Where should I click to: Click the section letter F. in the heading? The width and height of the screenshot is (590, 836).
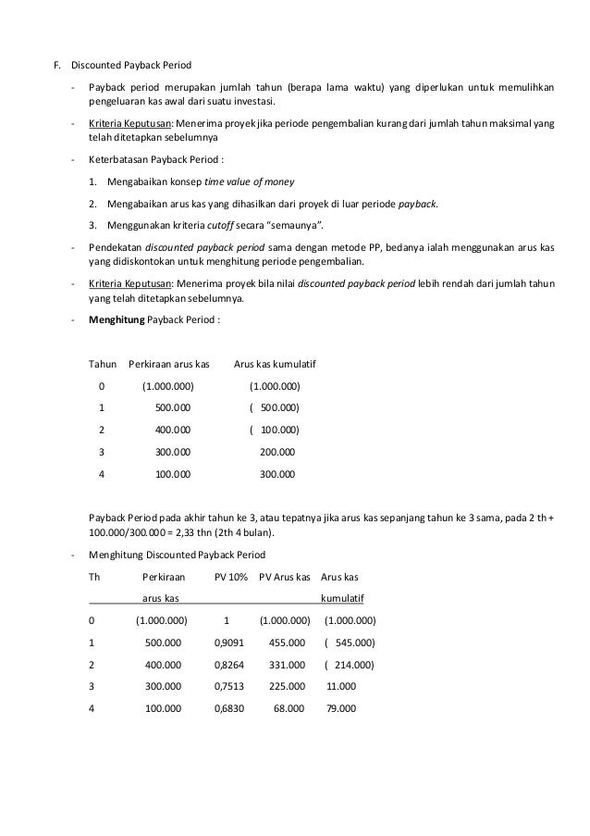(56, 66)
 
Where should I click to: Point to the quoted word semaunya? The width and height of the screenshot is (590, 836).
(295, 225)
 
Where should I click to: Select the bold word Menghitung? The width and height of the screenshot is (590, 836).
(117, 319)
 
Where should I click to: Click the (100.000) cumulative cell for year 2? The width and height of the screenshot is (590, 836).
(275, 430)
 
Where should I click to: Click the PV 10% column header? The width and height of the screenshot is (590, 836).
(230, 576)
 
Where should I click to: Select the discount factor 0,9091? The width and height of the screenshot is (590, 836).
(229, 642)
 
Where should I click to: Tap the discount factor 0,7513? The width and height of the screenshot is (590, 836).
(229, 686)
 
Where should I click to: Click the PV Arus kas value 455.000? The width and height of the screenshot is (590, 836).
(287, 642)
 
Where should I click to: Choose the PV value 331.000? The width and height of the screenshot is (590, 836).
(287, 664)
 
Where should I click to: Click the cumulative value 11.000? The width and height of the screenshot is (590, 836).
(341, 686)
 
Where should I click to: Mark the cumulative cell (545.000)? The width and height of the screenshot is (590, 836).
(349, 642)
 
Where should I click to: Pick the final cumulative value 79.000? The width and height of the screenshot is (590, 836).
(341, 708)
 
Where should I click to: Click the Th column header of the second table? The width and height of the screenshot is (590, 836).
(93, 576)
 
